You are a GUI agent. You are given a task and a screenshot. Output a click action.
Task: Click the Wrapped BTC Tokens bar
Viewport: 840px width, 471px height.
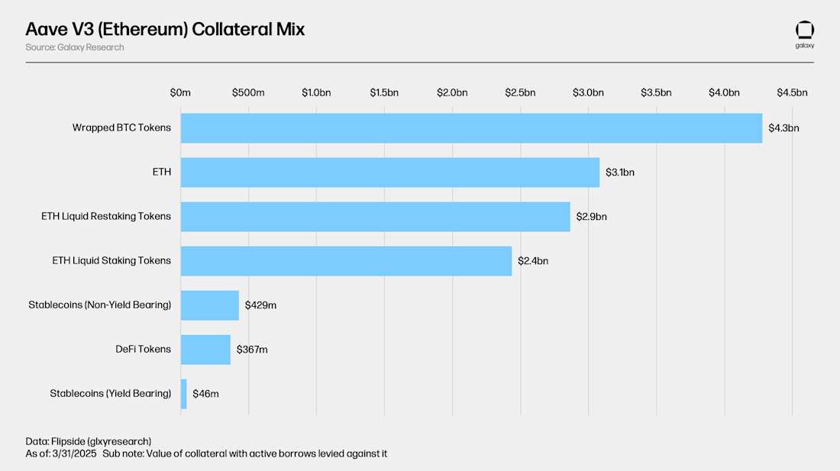coord(471,128)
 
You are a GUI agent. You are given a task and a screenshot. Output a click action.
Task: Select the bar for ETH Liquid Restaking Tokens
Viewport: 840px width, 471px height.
coord(375,217)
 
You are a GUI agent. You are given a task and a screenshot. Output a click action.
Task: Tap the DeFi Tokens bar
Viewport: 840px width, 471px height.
coord(205,350)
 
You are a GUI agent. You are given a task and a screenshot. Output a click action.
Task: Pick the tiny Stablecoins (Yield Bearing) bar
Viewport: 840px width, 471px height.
coord(183,394)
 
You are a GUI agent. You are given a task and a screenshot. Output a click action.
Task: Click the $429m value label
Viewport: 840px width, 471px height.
coord(260,305)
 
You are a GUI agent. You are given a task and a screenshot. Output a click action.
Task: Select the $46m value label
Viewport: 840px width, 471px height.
coord(205,394)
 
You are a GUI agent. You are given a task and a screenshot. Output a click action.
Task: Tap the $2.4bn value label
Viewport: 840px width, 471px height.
coord(533,261)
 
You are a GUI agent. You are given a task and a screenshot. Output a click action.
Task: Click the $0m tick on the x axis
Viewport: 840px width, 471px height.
coord(180,93)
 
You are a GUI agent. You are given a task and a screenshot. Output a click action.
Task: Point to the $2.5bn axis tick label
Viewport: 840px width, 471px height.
coord(520,93)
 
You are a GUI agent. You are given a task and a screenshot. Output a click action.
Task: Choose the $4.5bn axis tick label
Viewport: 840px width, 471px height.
coord(792,93)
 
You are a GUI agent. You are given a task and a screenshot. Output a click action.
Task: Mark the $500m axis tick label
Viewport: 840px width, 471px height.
coord(248,93)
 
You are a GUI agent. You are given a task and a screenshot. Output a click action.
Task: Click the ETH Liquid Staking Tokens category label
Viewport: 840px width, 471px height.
coord(106,261)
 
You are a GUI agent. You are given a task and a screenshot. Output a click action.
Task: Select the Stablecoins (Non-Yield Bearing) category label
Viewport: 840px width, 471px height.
coord(100,305)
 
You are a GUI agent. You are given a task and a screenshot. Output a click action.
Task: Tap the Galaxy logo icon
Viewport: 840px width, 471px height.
coord(805,31)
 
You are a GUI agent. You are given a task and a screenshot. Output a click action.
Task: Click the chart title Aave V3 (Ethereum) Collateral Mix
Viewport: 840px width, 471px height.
coord(165,30)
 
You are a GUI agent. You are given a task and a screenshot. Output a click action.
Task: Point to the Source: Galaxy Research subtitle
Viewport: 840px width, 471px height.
coord(74,47)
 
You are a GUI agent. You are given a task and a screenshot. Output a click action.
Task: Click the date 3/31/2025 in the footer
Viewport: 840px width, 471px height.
coord(75,454)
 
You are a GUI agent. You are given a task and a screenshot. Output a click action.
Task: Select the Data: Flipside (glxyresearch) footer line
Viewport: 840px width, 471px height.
coord(88,441)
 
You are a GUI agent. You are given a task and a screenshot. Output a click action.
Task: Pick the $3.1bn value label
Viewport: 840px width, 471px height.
coord(620,173)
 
